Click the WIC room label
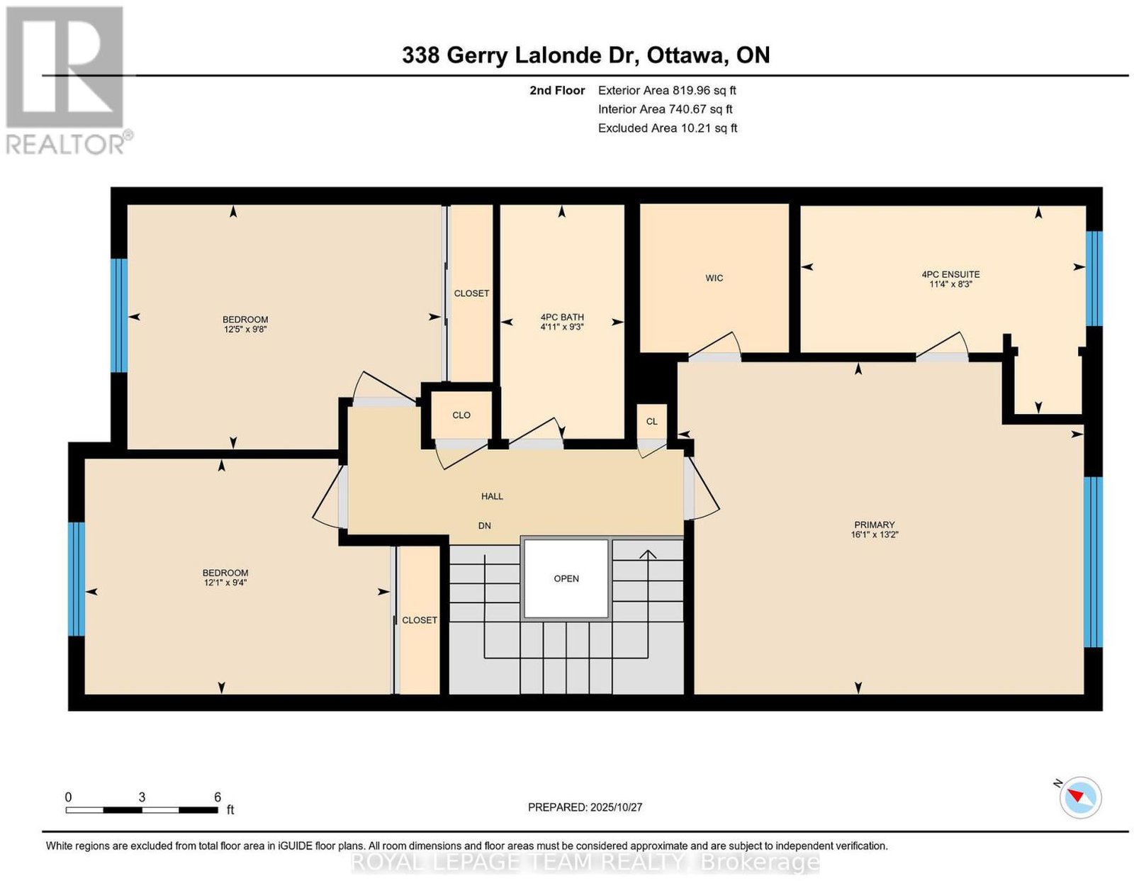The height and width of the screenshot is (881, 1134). [714, 278]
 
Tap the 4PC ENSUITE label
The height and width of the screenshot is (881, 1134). [950, 274]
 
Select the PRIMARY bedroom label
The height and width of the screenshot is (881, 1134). [874, 524]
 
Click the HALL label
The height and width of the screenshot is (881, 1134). [492, 496]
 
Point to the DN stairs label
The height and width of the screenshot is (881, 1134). [484, 526]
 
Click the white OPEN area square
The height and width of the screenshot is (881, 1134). [566, 578]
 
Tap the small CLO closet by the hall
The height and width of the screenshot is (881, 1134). [461, 415]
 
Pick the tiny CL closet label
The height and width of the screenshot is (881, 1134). [652, 422]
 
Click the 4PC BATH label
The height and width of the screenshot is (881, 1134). [562, 317]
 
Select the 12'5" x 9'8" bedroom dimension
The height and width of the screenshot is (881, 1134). [245, 329]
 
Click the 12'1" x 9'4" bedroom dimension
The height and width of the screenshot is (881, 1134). [225, 582]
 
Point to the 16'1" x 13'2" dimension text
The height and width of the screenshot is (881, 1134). [874, 534]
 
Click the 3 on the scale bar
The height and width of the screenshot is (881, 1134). [142, 797]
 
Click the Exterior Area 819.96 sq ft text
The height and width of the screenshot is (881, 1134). [667, 90]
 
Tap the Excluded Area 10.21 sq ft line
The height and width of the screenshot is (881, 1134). [668, 128]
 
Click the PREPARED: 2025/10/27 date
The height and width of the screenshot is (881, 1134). [585, 807]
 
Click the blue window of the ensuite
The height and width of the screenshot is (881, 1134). [1094, 279]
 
